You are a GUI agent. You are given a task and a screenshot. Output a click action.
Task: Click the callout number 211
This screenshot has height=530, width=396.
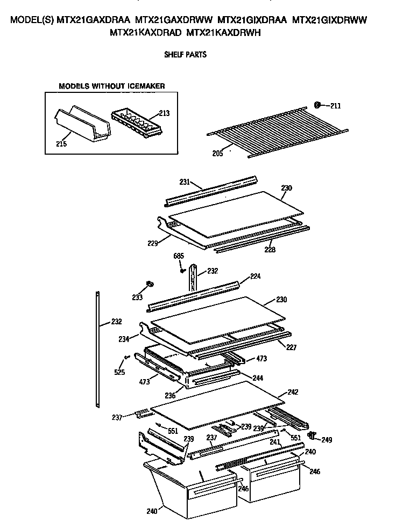(x=336, y=106)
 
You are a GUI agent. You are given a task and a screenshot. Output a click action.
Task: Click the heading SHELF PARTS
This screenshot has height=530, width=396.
(x=186, y=54)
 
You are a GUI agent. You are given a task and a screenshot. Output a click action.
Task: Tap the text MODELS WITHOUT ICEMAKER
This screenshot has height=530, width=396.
(x=111, y=86)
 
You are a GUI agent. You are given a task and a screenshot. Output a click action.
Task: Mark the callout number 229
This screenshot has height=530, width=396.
(x=152, y=243)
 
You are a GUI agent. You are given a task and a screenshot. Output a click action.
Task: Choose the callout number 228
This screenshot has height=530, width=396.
(x=270, y=249)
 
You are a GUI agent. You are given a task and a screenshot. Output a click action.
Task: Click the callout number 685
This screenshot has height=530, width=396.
(x=178, y=256)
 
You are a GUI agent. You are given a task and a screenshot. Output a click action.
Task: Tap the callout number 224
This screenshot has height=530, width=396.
(x=255, y=277)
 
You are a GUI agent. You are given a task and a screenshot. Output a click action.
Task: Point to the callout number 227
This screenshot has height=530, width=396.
(x=291, y=347)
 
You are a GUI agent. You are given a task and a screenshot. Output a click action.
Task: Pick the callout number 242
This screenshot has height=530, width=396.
(x=293, y=392)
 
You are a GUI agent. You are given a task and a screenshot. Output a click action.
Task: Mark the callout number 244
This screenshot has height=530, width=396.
(x=258, y=378)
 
